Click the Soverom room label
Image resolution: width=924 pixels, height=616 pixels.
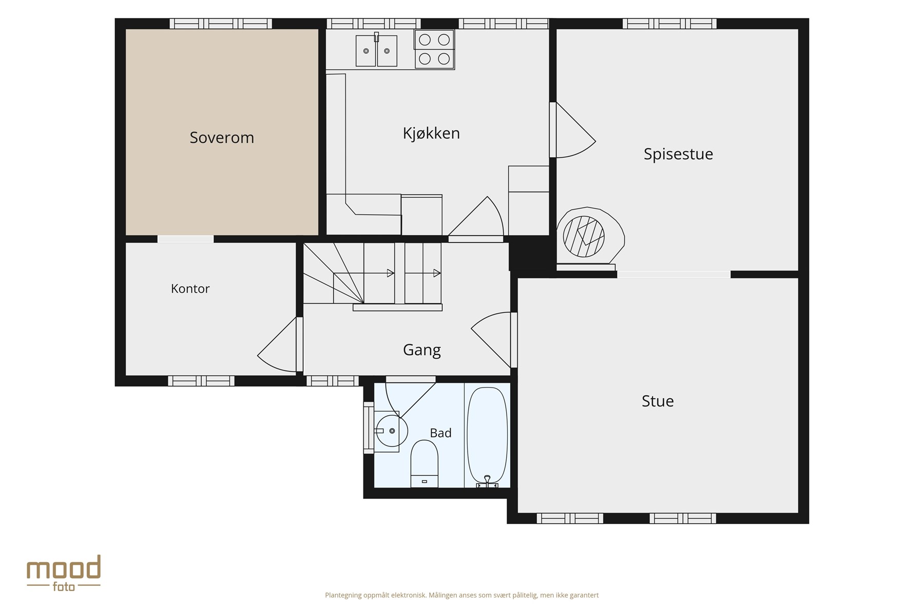222,138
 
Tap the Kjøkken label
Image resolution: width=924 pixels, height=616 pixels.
431,133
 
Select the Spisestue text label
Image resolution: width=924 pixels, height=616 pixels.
678,154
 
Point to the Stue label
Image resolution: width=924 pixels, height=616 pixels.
658,401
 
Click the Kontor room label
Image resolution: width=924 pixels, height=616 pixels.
190,288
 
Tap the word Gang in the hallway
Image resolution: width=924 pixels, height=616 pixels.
422,350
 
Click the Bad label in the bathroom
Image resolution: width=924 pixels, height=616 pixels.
440,433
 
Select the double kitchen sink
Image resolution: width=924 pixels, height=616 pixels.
376,50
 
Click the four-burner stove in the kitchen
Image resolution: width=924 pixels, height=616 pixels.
434,49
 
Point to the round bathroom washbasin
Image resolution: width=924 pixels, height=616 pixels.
391,431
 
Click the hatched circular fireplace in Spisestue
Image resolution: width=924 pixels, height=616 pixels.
584,237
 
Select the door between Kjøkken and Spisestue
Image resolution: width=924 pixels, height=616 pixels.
572,130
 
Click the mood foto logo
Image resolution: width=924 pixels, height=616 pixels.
64,573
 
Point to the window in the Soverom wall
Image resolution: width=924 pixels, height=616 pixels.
221,24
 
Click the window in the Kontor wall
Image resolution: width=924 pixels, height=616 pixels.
201,381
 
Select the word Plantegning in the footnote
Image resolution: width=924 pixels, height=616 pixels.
343,595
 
